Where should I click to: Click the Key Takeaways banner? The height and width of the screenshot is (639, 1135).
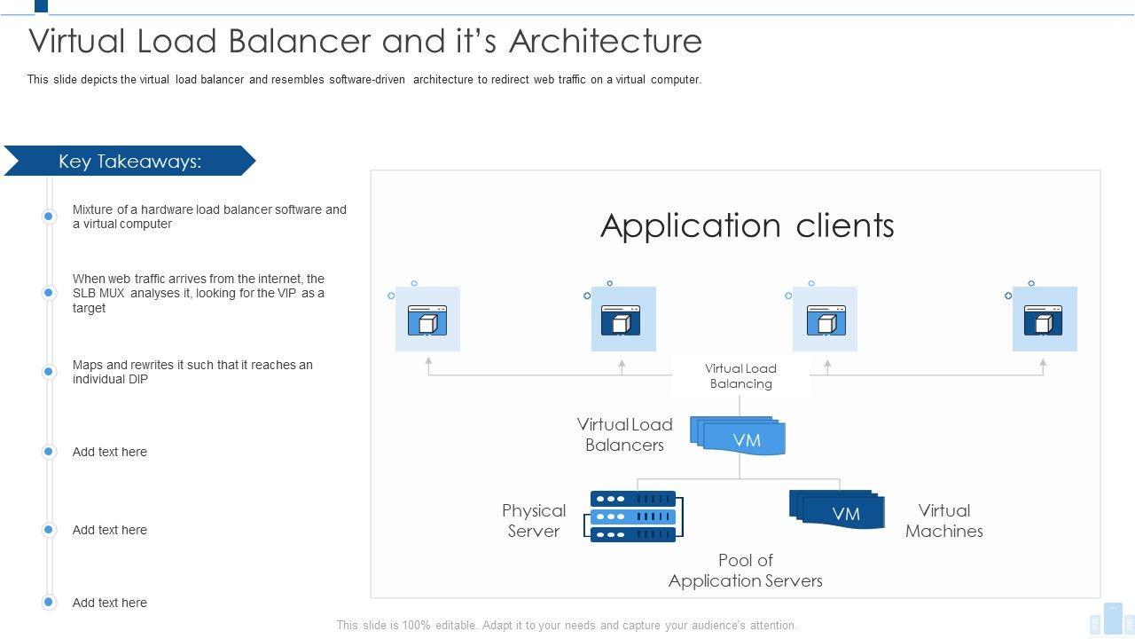pyautogui.click(x=129, y=161)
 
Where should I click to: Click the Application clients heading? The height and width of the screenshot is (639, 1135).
pyautogui.click(x=747, y=225)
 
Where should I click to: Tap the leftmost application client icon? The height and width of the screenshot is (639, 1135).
pyautogui.click(x=427, y=319)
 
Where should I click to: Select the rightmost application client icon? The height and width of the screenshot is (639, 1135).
pyautogui.click(x=1044, y=319)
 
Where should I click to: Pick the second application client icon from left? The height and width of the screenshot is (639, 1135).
pyautogui.click(x=622, y=319)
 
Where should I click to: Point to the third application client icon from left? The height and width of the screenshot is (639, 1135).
pyautogui.click(x=825, y=319)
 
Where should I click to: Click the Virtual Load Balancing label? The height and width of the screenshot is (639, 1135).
pyautogui.click(x=740, y=376)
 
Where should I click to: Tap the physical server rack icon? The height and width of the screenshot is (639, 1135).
pyautogui.click(x=633, y=517)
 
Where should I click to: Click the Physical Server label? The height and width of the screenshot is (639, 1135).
pyautogui.click(x=534, y=521)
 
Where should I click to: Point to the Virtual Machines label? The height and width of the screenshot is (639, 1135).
pyautogui.click(x=943, y=521)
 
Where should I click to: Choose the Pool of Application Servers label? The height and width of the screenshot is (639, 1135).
pyautogui.click(x=745, y=571)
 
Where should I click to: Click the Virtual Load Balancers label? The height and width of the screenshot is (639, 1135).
pyautogui.click(x=624, y=435)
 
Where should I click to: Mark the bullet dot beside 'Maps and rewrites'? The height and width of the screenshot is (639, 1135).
pyautogui.click(x=49, y=371)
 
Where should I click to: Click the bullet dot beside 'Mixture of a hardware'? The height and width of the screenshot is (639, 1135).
pyautogui.click(x=49, y=217)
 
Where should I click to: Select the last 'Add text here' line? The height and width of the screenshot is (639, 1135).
pyautogui.click(x=110, y=603)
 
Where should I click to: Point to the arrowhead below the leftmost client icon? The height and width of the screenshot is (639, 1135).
pyautogui.click(x=428, y=361)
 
